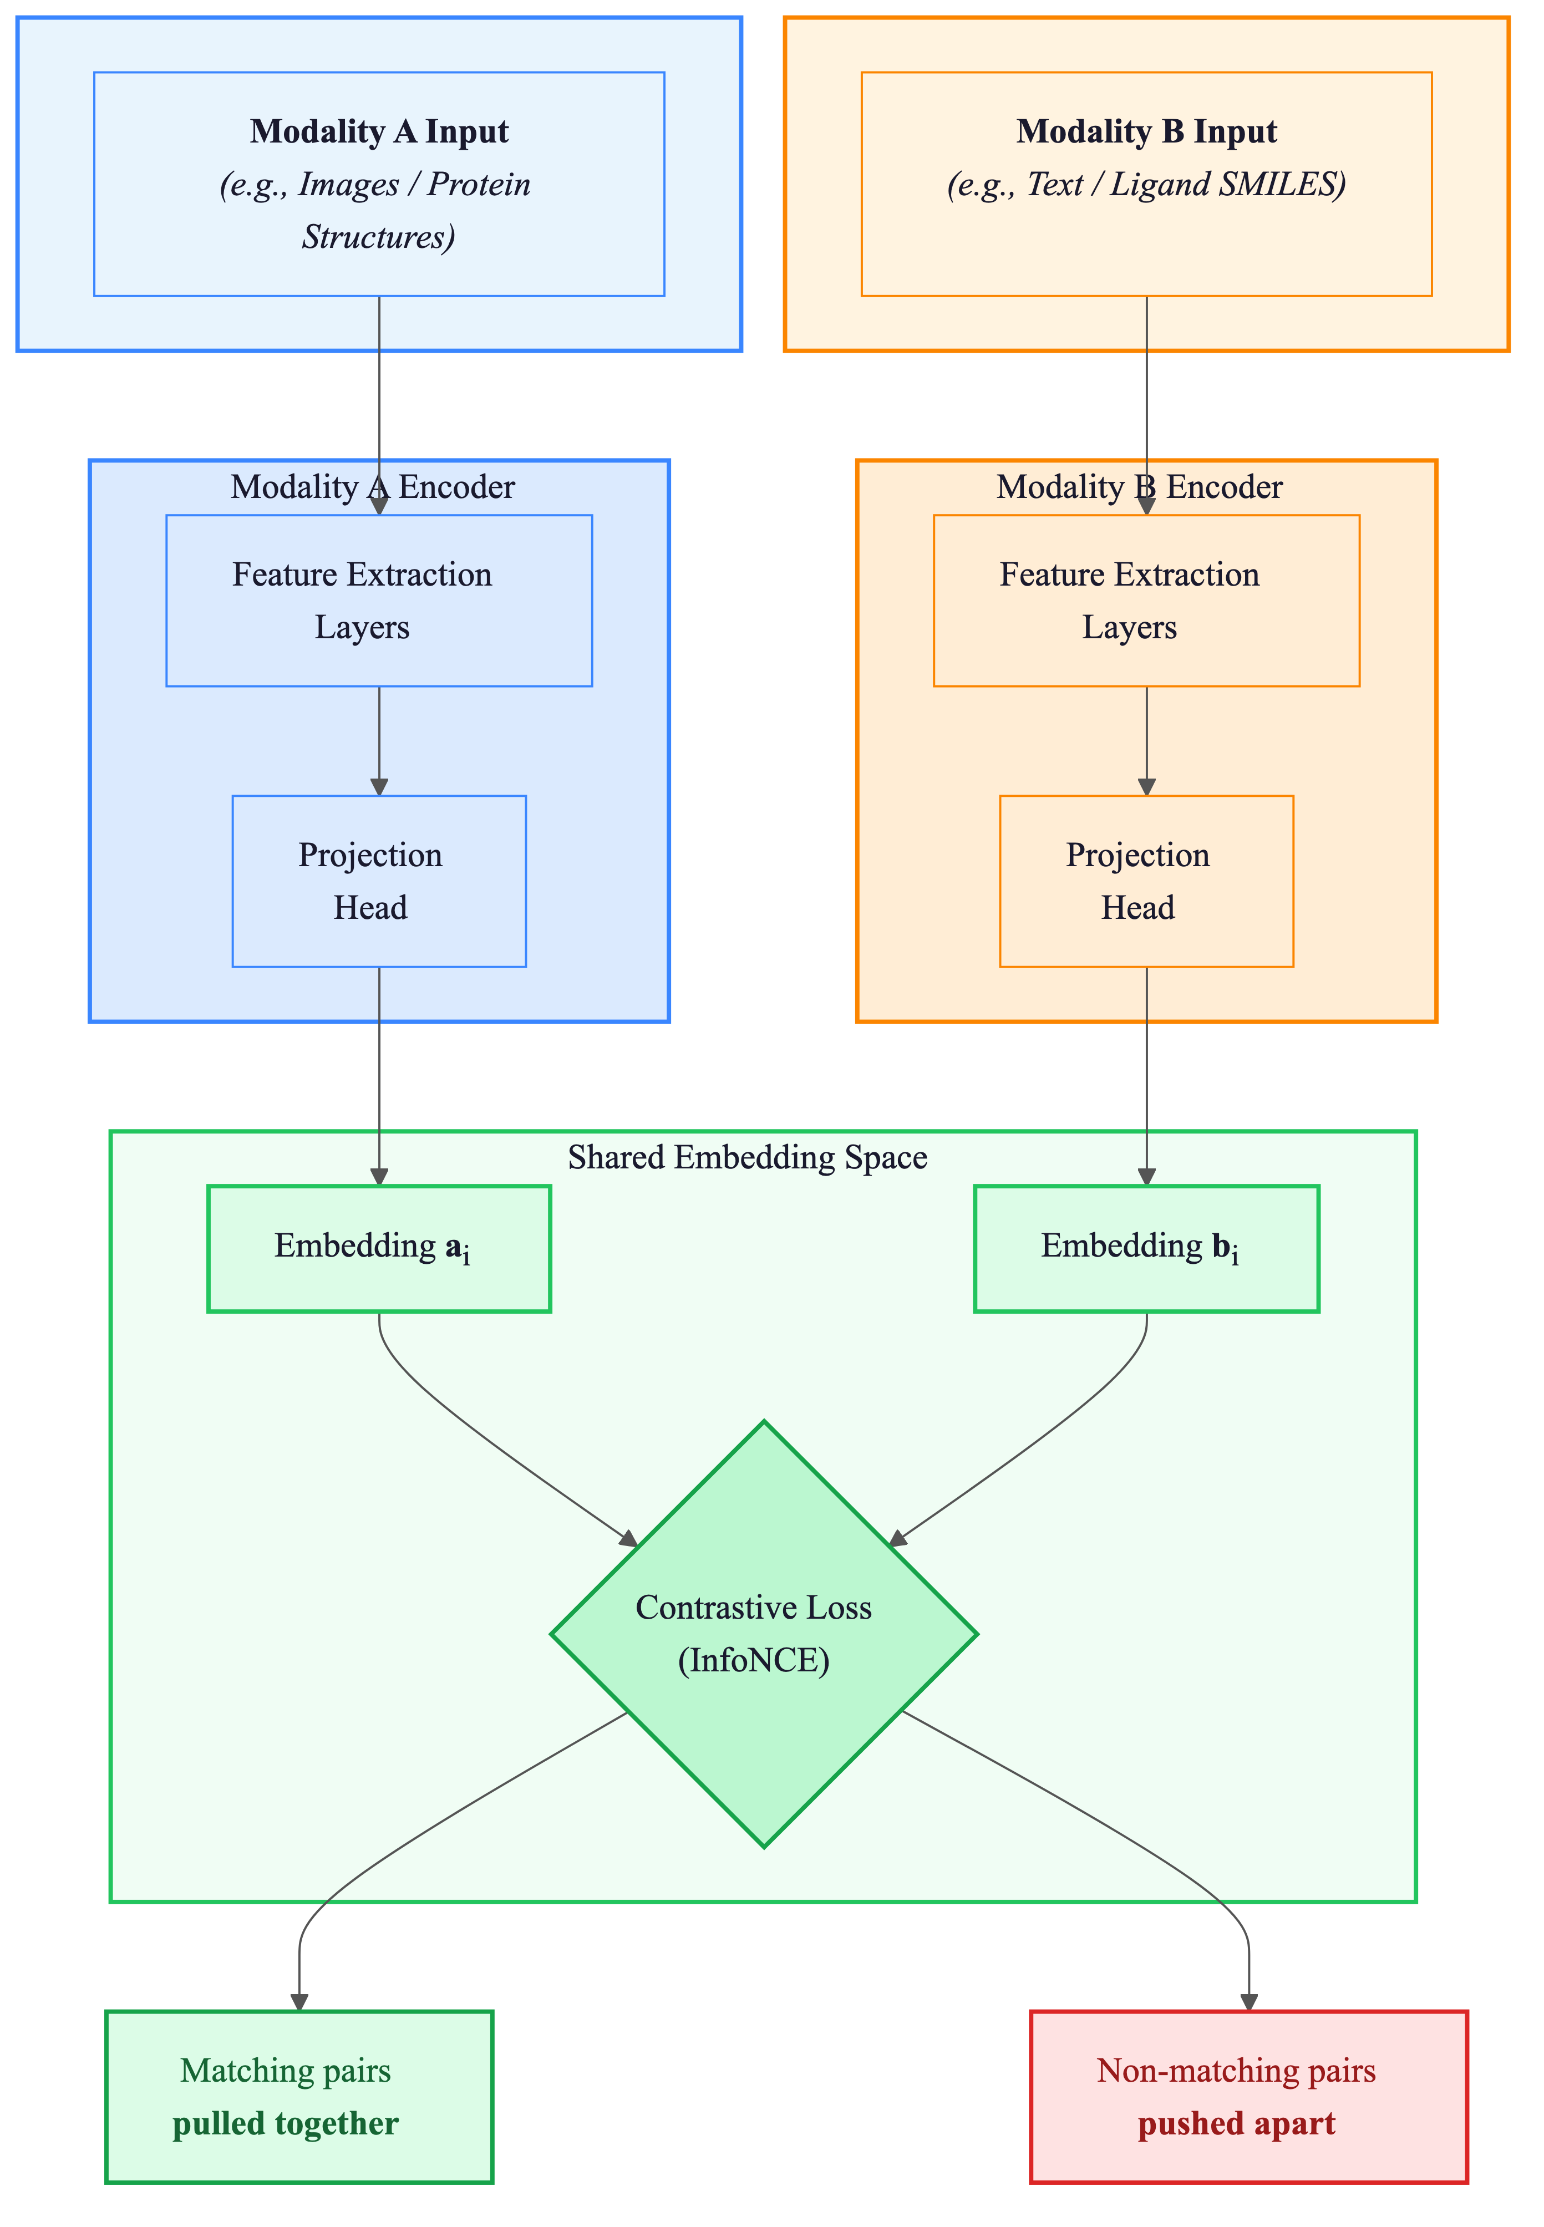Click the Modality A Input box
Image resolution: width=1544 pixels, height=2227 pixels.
click(379, 184)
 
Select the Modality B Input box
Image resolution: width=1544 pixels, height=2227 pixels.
click(1146, 184)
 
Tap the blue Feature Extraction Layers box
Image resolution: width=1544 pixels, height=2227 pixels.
click(379, 601)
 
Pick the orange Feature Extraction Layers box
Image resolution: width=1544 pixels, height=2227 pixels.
click(1146, 601)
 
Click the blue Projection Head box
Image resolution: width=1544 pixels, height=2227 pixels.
click(379, 881)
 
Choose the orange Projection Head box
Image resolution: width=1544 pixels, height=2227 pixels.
click(1146, 881)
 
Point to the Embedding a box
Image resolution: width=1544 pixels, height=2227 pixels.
click(379, 1248)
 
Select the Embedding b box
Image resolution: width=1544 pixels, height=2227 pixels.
click(1146, 1248)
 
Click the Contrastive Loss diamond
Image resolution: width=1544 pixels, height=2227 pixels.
click(764, 1634)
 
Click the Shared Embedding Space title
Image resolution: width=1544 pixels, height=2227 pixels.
click(748, 1158)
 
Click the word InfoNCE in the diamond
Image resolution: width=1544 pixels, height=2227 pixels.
click(754, 1661)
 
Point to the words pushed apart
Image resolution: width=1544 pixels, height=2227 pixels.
click(1236, 2124)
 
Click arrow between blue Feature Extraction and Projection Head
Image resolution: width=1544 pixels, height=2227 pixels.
click(379, 740)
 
